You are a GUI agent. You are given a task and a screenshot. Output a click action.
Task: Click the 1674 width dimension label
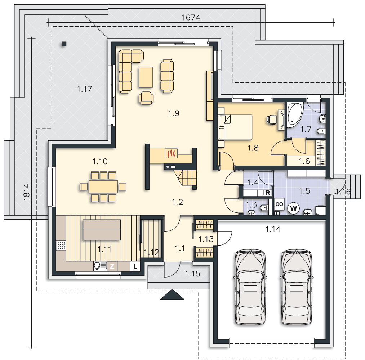pyautogui.click(x=191, y=17)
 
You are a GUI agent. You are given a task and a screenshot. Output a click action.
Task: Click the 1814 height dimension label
pyautogui.click(x=27, y=192)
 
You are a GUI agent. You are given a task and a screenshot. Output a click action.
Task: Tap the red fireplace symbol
pyautogui.click(x=171, y=153)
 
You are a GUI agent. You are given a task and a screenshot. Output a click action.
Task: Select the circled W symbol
pyautogui.click(x=293, y=208)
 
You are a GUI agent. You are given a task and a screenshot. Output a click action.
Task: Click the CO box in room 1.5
pyautogui.click(x=279, y=204)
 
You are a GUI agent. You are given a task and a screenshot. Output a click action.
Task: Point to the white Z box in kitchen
pyautogui.click(x=112, y=266)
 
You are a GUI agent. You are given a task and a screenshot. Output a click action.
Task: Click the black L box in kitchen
pyautogui.click(x=135, y=266)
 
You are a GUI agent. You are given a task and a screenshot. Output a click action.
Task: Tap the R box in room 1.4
pyautogui.click(x=268, y=193)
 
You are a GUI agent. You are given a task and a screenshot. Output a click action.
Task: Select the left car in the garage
pyautogui.click(x=250, y=287)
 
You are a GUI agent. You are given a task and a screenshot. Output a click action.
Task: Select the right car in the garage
pyautogui.click(x=296, y=287)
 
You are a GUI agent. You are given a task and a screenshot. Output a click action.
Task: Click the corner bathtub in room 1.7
pyautogui.click(x=295, y=115)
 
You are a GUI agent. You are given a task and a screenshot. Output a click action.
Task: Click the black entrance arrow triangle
pyautogui.click(x=172, y=294)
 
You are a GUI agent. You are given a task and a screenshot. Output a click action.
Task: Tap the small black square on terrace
pyautogui.click(x=64, y=44)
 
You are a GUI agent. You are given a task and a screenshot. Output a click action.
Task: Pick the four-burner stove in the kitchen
pyautogui.click(x=61, y=246)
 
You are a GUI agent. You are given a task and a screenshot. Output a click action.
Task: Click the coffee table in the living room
pyautogui.click(x=146, y=77)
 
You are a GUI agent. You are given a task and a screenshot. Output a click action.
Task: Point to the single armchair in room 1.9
pyautogui.click(x=146, y=98)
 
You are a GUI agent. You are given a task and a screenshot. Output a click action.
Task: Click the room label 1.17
pyautogui.click(x=85, y=89)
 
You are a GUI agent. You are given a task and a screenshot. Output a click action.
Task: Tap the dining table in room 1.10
pyautogui.click(x=103, y=186)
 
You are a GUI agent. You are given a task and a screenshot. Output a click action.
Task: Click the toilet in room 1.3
pyautogui.click(x=264, y=207)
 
